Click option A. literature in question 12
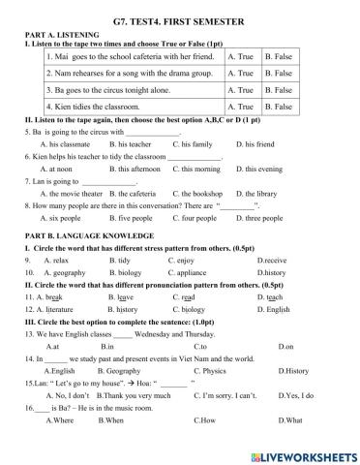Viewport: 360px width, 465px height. tap(51, 309)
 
